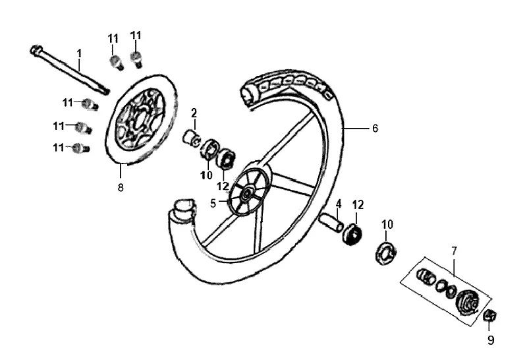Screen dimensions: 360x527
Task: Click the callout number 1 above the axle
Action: (x=80, y=51)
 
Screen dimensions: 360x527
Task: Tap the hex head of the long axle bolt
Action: (x=36, y=49)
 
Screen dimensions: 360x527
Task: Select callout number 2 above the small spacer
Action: (x=194, y=113)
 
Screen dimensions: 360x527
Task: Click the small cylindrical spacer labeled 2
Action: (x=192, y=138)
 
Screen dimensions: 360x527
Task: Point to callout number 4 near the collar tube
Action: (x=339, y=203)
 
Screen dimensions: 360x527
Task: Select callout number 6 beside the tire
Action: (x=375, y=129)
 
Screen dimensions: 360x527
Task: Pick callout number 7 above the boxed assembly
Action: (x=454, y=251)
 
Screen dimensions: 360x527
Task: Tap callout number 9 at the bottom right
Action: (x=491, y=341)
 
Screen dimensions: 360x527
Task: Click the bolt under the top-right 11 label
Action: (x=138, y=59)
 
